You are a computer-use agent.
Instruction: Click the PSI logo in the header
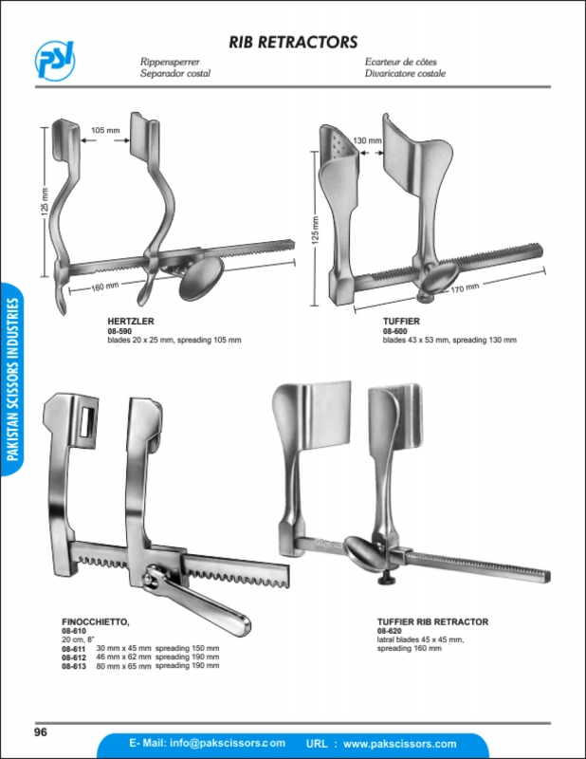point(55,60)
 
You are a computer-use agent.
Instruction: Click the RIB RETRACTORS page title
point(293,42)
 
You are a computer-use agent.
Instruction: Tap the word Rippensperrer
point(170,62)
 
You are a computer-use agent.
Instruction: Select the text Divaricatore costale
point(405,74)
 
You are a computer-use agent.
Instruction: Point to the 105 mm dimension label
point(105,130)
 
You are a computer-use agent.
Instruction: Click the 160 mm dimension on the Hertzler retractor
point(105,287)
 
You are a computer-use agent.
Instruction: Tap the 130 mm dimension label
point(367,140)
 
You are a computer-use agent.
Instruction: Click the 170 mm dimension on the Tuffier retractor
point(465,288)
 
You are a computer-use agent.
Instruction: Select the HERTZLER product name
point(131,321)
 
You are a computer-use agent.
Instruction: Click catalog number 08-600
point(394,331)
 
